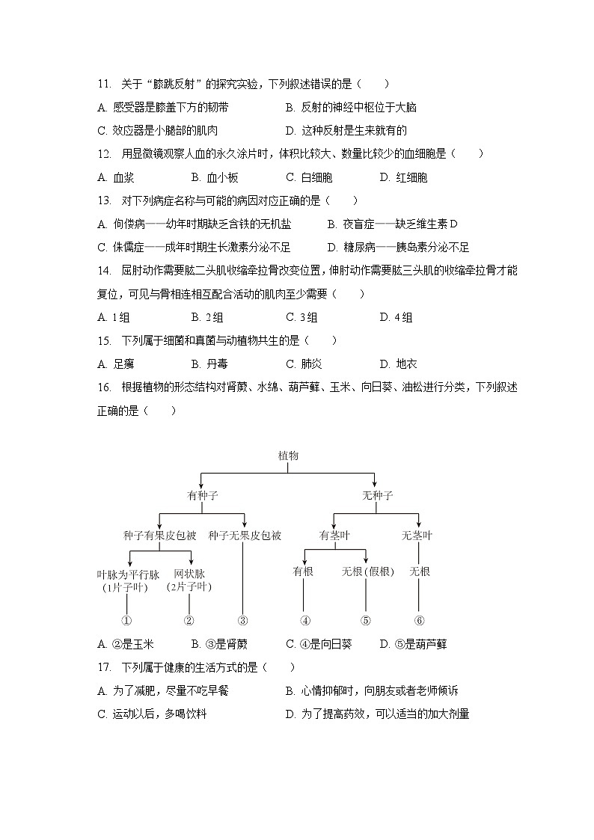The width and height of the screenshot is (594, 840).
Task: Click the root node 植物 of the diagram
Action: pos(288,456)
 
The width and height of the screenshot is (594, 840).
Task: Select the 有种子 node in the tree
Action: pos(202,495)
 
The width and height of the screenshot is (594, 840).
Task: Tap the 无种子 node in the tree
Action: pos(377,495)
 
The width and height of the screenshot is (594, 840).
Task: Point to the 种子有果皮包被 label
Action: pos(159,536)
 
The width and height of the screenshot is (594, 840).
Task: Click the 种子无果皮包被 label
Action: pos(245,536)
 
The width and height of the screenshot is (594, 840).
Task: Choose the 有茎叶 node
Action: pos(334,536)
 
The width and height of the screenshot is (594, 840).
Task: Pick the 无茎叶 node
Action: pos(417,536)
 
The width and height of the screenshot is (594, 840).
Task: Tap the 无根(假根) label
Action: pos(367,571)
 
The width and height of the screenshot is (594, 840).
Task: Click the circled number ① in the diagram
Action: pos(126,620)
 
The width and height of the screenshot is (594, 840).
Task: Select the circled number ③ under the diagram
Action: pos(242,620)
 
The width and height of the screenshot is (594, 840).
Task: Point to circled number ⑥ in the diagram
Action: pos(419,620)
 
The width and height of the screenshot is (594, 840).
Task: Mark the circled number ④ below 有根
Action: pos(304,620)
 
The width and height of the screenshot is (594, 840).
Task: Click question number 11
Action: pos(104,84)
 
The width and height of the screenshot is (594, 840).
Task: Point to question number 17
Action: pos(104,667)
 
